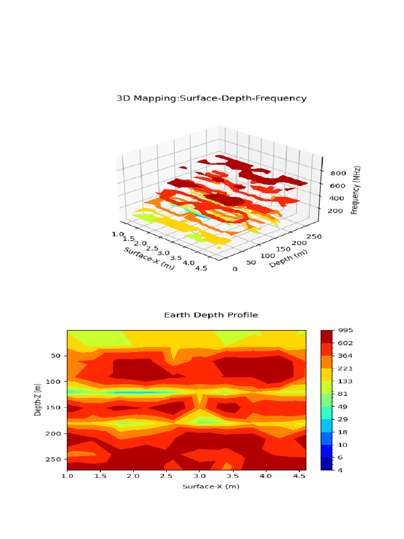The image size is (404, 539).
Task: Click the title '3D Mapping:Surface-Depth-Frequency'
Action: coord(211,98)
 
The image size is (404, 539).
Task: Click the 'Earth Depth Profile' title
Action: coord(211,315)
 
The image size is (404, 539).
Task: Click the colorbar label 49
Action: coord(342,406)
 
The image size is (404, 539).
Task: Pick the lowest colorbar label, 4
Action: coord(340,470)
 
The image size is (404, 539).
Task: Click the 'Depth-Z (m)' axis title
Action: coord(37,400)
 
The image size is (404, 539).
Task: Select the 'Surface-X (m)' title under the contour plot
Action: coord(211,486)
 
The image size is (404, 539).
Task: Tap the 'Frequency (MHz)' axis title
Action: coord(355,190)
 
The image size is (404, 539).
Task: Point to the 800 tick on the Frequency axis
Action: coord(337,173)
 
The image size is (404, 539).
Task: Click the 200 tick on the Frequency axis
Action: coord(337,211)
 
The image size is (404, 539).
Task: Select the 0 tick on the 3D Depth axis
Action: coord(235,269)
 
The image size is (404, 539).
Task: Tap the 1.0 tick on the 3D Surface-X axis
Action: coord(118,234)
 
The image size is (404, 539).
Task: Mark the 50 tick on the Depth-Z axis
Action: coord(57,356)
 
